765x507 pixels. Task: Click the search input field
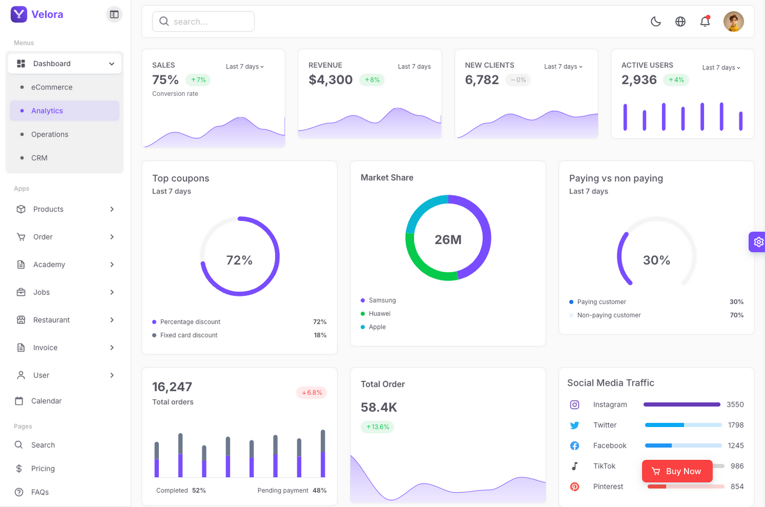point(203,22)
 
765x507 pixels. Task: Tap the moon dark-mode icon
point(655,22)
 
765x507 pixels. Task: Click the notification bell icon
point(705,22)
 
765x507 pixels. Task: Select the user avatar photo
point(733,22)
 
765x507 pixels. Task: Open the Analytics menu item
point(47,111)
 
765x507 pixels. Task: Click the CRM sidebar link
point(39,158)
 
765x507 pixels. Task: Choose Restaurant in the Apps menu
point(51,320)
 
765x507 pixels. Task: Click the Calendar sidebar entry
point(46,401)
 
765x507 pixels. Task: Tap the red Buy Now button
point(677,471)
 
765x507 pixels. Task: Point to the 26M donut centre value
point(448,240)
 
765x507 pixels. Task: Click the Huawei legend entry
point(380,314)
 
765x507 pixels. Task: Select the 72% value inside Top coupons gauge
point(239,260)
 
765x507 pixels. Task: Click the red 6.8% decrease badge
point(312,393)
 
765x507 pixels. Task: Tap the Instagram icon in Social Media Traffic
point(574,405)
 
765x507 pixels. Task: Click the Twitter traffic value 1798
point(735,425)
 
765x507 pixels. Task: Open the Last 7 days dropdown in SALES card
point(245,67)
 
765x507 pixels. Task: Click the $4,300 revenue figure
point(330,80)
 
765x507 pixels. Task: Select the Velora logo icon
point(19,14)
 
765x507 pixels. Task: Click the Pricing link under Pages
point(43,469)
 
